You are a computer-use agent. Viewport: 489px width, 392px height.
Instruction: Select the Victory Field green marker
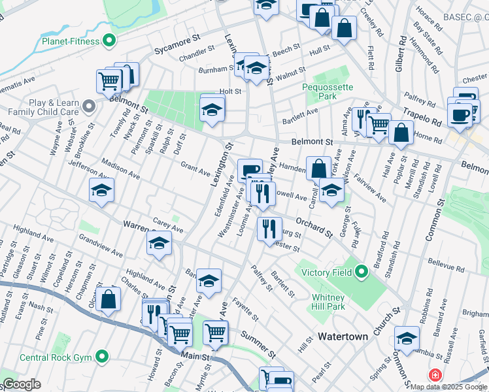[x=362, y=270]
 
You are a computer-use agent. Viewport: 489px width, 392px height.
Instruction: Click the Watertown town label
[x=343, y=336]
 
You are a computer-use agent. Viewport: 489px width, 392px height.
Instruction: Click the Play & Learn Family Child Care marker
[x=90, y=105]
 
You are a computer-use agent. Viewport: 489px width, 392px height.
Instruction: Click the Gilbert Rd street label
[x=400, y=57]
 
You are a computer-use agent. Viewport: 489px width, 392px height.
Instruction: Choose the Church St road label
[x=384, y=322]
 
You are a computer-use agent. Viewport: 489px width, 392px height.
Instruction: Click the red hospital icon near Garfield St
[x=435, y=375]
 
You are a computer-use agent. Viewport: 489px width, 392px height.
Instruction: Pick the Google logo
[x=22, y=384]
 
